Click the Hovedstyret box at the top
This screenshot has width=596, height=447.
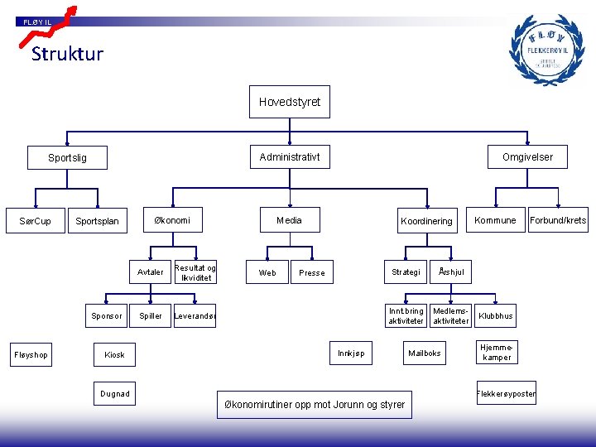coord(289,102)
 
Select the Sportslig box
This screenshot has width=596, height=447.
coord(67,157)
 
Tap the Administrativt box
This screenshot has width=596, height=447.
coord(289,156)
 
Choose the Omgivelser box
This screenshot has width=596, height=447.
coord(527,156)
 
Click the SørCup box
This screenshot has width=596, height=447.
coord(36,221)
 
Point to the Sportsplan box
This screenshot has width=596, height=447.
coord(97,221)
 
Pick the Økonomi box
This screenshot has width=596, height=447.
coord(172,220)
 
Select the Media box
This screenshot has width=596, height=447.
coord(289,220)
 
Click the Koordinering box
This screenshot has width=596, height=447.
coord(426,221)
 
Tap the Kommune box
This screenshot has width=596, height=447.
coord(495,220)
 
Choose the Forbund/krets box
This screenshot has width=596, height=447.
coord(558,220)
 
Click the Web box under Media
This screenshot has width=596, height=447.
coord(267,272)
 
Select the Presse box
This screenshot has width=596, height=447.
coord(312,272)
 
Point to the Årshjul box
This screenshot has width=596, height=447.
coord(452,272)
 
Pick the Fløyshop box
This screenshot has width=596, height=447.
coord(31,355)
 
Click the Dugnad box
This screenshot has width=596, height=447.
coord(115,394)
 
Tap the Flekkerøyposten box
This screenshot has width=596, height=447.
coord(506,394)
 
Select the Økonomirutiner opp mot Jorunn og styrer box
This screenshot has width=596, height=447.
coord(315,405)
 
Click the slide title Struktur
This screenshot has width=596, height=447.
coord(67,55)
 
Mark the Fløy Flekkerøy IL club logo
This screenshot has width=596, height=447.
coord(546,50)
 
